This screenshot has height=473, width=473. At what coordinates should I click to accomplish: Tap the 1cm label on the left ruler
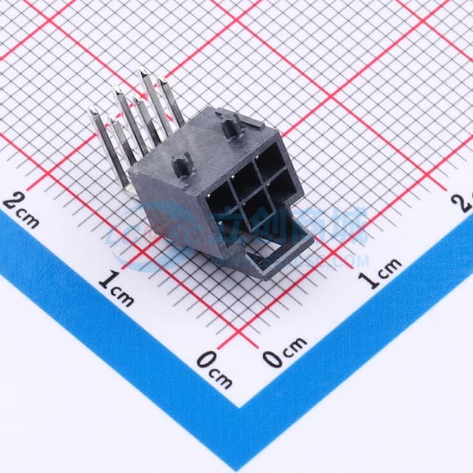click(x=117, y=288)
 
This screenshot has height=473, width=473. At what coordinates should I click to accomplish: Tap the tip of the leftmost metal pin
click(x=95, y=112)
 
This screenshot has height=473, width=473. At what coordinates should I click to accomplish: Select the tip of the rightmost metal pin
click(x=163, y=83)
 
